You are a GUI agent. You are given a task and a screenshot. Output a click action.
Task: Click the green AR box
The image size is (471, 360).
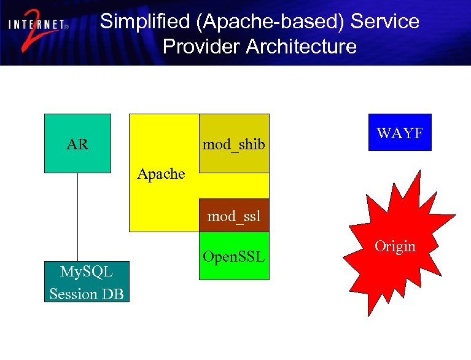[x=77, y=143]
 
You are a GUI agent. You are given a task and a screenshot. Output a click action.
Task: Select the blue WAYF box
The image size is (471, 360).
[x=400, y=132]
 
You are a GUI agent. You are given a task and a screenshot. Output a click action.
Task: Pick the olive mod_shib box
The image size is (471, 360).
[x=234, y=143]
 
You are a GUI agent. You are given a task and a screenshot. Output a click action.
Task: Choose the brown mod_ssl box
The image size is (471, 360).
[x=234, y=216]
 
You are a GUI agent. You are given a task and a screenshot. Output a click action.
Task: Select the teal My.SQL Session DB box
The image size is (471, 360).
[x=87, y=283]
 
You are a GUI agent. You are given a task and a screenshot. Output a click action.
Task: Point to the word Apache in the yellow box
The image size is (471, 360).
[x=161, y=174]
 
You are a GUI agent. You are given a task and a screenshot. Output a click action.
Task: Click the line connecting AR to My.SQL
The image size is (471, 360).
[x=77, y=215]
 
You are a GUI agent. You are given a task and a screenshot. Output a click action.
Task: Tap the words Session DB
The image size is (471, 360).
[x=87, y=294]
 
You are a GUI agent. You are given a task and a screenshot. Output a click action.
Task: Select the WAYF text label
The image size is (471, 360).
[x=400, y=132]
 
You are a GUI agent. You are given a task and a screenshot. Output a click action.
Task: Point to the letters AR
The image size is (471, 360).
[x=77, y=145]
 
